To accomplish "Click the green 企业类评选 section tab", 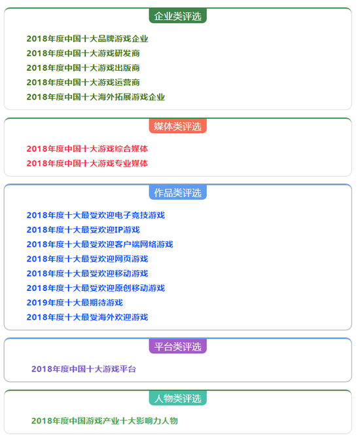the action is tap(177, 16).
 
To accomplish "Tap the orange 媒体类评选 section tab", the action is tap(177, 126).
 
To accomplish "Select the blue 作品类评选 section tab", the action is tap(177, 193).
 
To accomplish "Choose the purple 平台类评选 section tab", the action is tap(177, 347).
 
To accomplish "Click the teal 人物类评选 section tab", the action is tap(177, 398).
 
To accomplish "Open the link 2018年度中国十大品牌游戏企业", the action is tap(88, 39).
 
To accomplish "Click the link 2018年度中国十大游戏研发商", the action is tap(83, 54).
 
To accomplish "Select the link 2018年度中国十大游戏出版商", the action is tap(83, 68).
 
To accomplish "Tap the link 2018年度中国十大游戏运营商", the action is tap(83, 83).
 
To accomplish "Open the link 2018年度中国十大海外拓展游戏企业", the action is tap(96, 98).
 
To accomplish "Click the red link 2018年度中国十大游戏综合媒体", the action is tap(88, 149).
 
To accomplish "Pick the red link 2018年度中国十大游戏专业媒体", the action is tap(88, 164).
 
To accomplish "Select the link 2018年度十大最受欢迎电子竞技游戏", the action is tap(96, 216).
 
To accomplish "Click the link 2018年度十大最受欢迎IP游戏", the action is tap(83, 230).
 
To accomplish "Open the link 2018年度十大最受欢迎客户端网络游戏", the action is tap(99, 244).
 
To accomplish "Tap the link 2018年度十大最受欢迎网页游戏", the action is tap(88, 259).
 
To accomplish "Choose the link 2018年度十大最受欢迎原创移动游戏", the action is tap(96, 288).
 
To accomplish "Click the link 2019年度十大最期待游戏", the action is tap(75, 303).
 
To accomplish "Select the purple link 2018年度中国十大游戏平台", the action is tap(84, 370).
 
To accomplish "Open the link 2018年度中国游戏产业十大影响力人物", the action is tap(105, 421).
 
